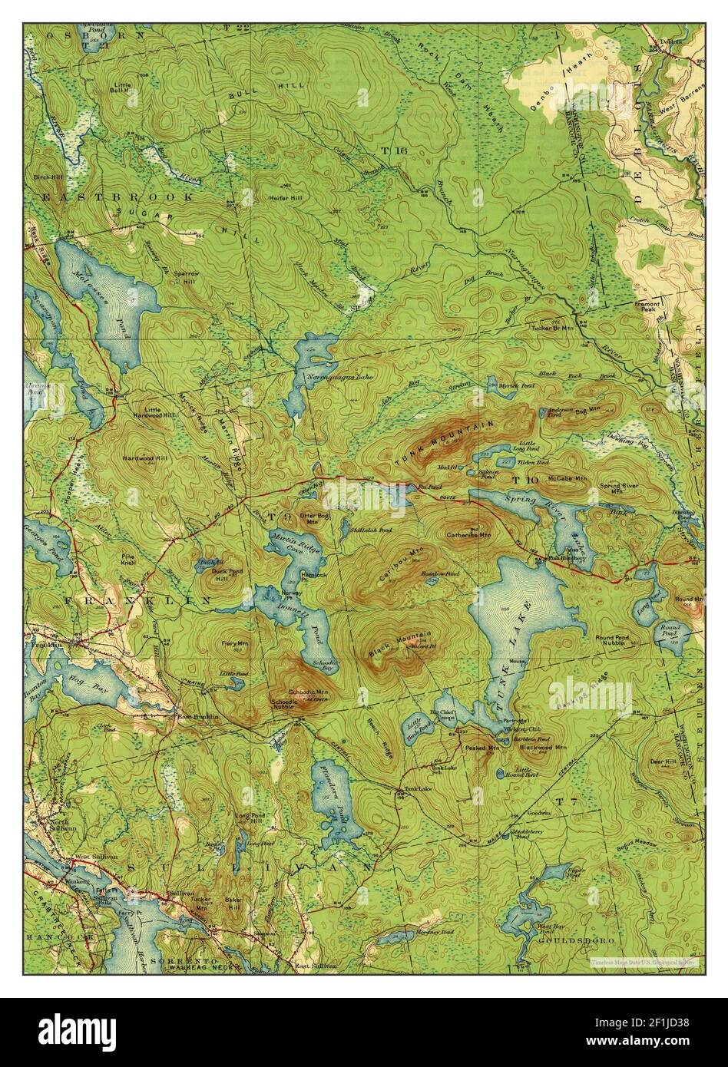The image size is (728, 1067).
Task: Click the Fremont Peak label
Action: point(648,306)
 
